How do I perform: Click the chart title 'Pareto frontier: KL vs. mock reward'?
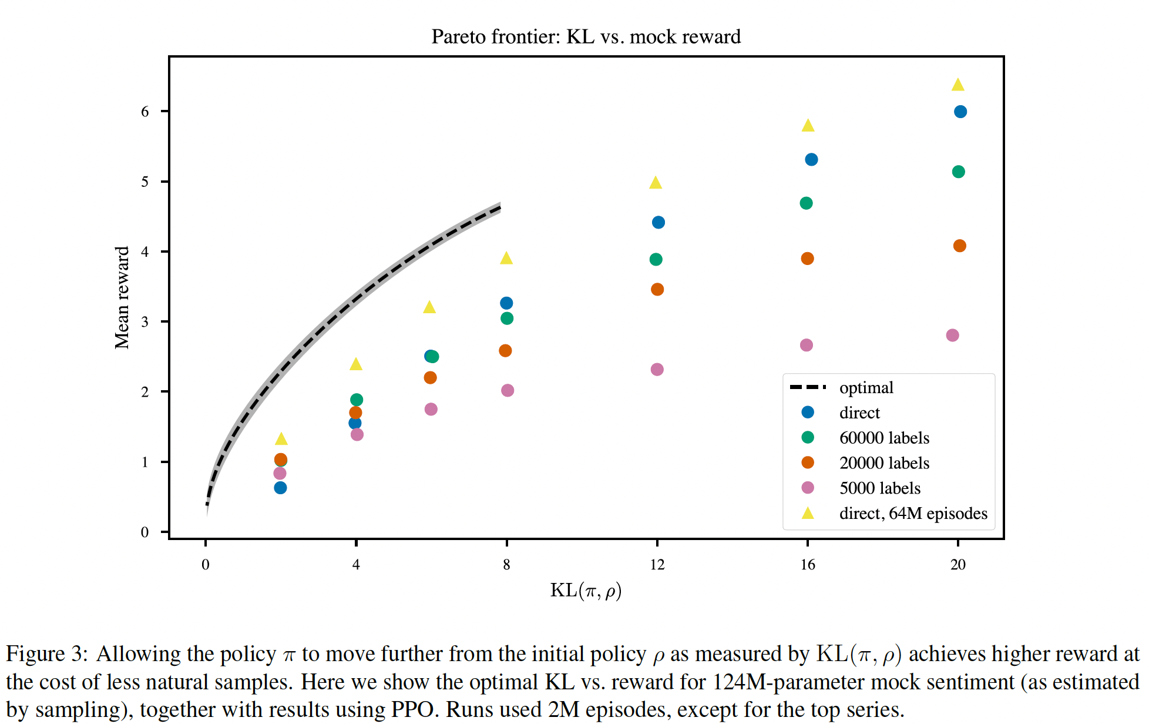click(x=586, y=37)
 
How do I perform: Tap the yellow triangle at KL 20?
click(x=958, y=85)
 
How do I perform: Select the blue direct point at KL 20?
click(x=960, y=112)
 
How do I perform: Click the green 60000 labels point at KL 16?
click(x=806, y=203)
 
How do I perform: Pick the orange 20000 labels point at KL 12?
click(x=657, y=290)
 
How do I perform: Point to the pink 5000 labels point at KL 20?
click(x=953, y=336)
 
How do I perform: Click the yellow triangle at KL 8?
click(x=506, y=259)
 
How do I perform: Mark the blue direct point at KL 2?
click(x=280, y=488)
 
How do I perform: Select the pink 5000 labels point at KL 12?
click(x=657, y=370)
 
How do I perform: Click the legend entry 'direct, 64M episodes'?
click(x=913, y=514)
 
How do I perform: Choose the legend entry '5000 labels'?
click(x=879, y=488)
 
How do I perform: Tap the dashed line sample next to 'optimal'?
click(x=808, y=387)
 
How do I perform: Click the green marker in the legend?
click(x=808, y=438)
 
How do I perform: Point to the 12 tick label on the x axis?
click(x=657, y=565)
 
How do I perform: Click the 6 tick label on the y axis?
click(x=145, y=112)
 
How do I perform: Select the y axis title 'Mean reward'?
click(x=122, y=297)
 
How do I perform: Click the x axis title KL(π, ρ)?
click(x=586, y=590)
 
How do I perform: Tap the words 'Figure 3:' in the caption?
click(x=46, y=654)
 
